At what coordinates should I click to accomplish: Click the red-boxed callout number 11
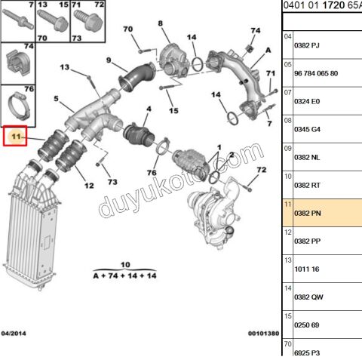15,137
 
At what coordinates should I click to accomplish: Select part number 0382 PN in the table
306,213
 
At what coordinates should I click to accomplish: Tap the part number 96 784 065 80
317,73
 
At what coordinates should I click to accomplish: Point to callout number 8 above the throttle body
160,24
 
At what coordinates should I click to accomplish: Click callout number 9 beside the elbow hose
108,60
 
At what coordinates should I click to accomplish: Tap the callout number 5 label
55,99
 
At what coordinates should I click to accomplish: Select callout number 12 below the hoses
88,185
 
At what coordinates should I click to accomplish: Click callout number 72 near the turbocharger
262,171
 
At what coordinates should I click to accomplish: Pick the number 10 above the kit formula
124,264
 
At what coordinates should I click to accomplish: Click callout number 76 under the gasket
151,173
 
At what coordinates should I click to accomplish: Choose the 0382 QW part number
306,297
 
